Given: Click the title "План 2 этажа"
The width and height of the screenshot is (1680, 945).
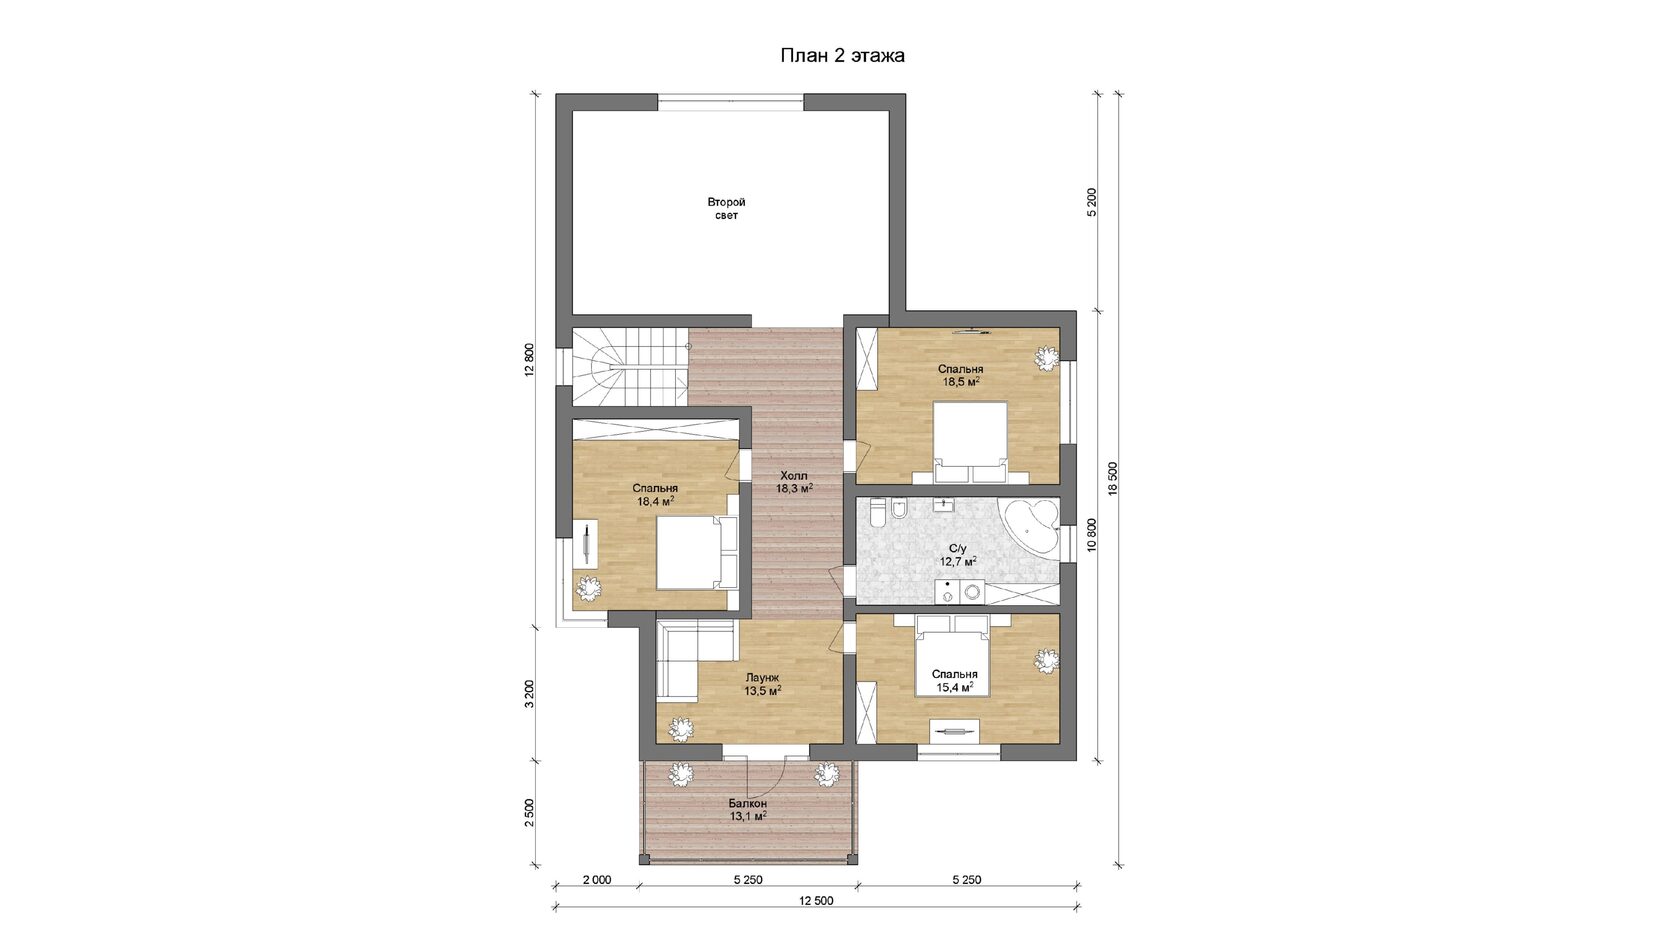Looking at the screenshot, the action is click(x=842, y=56).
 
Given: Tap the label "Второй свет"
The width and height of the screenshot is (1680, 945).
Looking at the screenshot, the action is click(x=726, y=208).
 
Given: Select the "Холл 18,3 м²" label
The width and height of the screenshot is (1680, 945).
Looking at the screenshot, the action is click(x=794, y=482).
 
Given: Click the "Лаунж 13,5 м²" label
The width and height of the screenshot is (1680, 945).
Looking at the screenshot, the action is click(x=763, y=684).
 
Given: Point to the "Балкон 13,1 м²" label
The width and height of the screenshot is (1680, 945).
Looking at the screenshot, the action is click(x=747, y=809).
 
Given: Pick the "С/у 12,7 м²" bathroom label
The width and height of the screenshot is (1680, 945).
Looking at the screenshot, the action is click(x=958, y=554).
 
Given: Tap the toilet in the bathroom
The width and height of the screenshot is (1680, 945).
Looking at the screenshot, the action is click(x=877, y=514).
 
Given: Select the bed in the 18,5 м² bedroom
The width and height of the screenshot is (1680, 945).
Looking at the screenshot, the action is click(x=969, y=442).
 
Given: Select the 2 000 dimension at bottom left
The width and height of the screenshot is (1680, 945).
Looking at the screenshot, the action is click(x=597, y=880).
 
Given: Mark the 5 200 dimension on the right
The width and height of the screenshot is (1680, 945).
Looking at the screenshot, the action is click(x=1091, y=202).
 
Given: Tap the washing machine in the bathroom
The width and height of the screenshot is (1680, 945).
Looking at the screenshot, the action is click(x=973, y=592).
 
